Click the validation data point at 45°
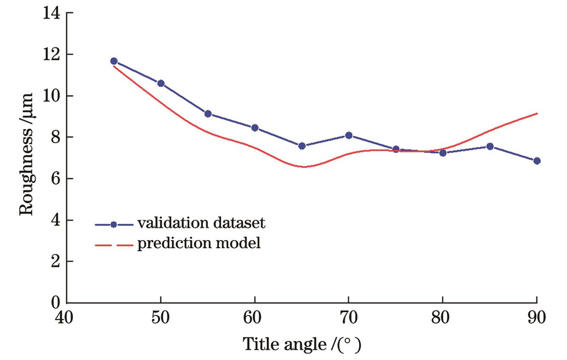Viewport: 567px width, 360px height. click(x=114, y=61)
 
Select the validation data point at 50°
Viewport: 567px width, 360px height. click(x=161, y=84)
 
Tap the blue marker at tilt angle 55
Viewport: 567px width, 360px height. click(x=208, y=114)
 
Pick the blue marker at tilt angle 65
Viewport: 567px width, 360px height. click(x=302, y=146)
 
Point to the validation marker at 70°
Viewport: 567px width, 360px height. click(x=349, y=136)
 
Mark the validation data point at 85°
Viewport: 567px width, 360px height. click(x=490, y=147)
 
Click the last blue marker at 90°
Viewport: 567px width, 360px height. click(x=537, y=161)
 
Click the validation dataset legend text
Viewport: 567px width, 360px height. click(x=202, y=223)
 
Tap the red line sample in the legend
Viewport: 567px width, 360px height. click(x=114, y=245)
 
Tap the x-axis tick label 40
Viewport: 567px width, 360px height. click(x=67, y=317)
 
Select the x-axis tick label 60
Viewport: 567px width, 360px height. click(x=255, y=317)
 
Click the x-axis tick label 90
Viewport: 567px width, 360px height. click(x=536, y=317)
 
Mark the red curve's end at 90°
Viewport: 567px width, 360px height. click(x=537, y=114)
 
